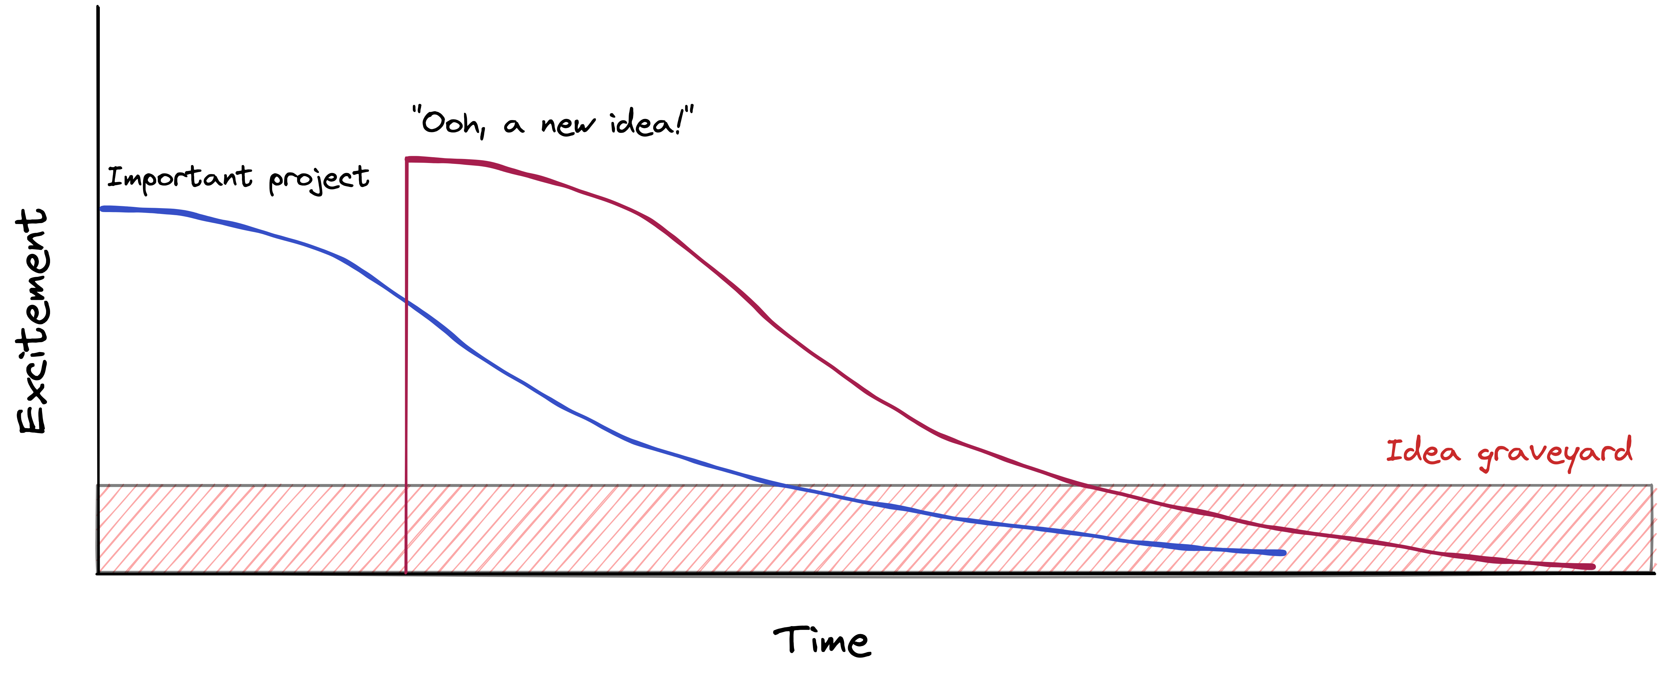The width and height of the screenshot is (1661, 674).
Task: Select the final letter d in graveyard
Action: click(x=1624, y=449)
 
